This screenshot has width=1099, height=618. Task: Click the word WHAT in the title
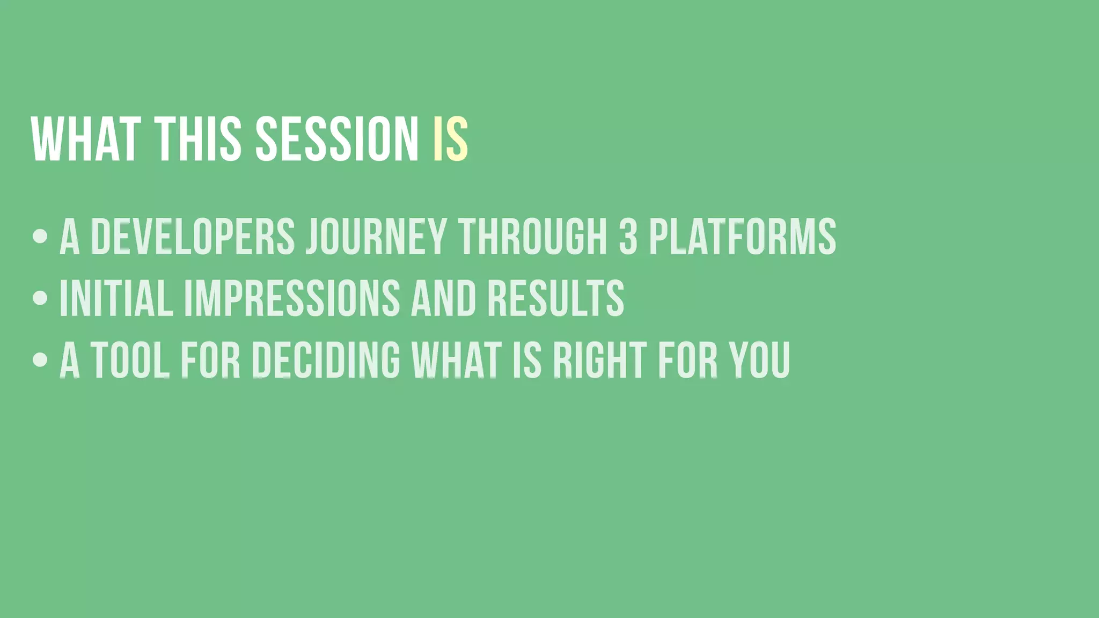coord(86,139)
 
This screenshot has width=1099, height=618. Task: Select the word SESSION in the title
coord(336,139)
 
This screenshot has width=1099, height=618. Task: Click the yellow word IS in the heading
coord(451,139)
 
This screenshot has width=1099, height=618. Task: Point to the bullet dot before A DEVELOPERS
coord(40,236)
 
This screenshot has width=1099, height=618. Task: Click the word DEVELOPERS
coord(193,236)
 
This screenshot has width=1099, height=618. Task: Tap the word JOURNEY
coord(376,236)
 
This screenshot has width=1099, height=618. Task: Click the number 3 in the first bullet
coord(628,236)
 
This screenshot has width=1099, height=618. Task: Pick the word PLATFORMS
coord(743,236)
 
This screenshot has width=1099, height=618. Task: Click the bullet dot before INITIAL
coord(40,298)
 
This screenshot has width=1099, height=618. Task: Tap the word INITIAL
coord(116,298)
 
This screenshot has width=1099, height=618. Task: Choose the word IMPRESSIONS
coord(292,298)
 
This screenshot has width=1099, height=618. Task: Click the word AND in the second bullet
coord(443,298)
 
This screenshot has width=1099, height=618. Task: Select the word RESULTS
coord(556,298)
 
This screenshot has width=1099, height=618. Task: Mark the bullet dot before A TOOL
coord(40,359)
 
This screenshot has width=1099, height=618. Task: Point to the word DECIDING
coord(326,359)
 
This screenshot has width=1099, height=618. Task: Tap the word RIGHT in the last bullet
coord(599,359)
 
